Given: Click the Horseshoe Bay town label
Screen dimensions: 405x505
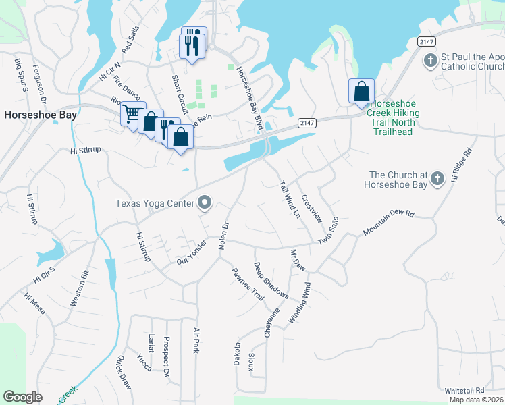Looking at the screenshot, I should click(x=40, y=115).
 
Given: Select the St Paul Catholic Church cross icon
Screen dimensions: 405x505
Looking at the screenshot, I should click(x=430, y=61).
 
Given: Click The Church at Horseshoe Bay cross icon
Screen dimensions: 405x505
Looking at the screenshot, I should click(x=437, y=178).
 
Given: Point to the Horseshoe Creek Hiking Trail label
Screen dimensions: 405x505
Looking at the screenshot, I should click(x=393, y=117).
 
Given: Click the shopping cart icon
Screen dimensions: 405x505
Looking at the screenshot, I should click(x=133, y=113).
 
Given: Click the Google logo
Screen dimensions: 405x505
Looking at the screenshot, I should click(x=22, y=397).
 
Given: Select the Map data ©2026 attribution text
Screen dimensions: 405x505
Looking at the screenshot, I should click(x=477, y=400).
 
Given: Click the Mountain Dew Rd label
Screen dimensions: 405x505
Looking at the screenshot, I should click(x=388, y=222).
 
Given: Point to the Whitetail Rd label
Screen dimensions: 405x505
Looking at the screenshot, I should click(x=464, y=391).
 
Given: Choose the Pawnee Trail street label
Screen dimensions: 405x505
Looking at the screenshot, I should click(x=248, y=283).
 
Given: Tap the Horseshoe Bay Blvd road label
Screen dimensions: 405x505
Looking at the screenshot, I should click(x=247, y=98).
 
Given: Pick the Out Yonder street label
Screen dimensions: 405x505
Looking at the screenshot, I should click(x=191, y=252).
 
